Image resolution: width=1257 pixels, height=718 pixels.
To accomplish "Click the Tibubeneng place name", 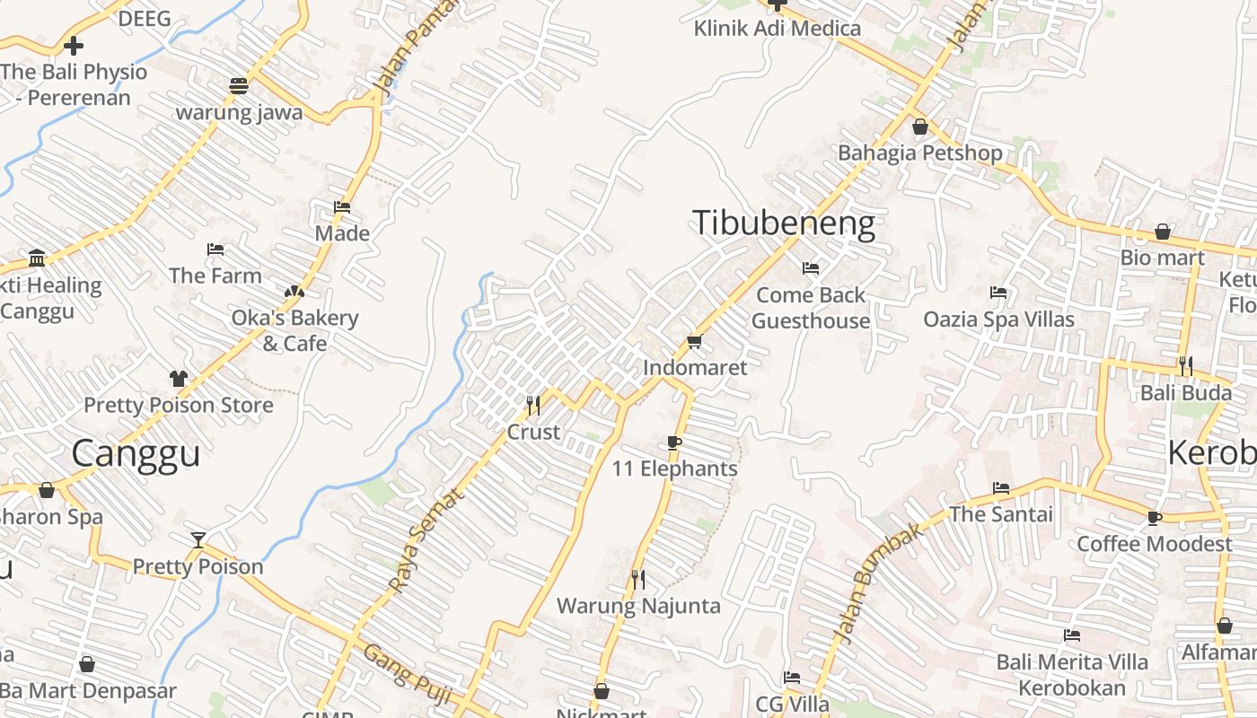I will pyautogui.click(x=783, y=223).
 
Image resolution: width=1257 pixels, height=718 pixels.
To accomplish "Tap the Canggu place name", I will pyautogui.click(x=135, y=453).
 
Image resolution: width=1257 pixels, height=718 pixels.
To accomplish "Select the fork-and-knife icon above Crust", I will pyautogui.click(x=533, y=406).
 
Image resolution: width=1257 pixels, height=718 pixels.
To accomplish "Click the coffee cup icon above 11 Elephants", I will pyautogui.click(x=674, y=442).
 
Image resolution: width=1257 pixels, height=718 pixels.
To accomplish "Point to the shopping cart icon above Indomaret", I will pyautogui.click(x=694, y=342).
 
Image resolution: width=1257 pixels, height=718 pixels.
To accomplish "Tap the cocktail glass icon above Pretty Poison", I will pyautogui.click(x=198, y=539).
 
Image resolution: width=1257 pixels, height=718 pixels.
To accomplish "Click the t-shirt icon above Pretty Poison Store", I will pyautogui.click(x=178, y=379).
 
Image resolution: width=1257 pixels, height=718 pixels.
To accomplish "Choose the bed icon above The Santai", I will pyautogui.click(x=1001, y=488).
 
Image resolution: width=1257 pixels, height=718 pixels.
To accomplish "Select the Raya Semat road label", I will pyautogui.click(x=427, y=539).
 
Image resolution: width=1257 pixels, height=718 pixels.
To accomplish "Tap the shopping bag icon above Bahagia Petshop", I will pyautogui.click(x=919, y=127).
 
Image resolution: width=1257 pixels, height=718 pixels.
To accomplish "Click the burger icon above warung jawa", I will pyautogui.click(x=238, y=86).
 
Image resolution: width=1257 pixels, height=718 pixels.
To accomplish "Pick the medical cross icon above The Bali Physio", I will pyautogui.click(x=74, y=45).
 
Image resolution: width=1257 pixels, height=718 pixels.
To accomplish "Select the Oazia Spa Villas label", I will pyautogui.click(x=998, y=319).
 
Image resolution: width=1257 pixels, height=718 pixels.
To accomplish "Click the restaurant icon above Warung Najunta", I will pyautogui.click(x=637, y=580).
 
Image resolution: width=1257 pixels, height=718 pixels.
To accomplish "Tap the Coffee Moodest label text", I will pyautogui.click(x=1154, y=544).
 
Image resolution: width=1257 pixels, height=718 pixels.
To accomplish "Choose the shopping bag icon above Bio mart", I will pyautogui.click(x=1162, y=232).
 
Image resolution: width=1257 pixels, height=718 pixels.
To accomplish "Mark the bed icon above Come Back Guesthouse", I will pyautogui.click(x=810, y=268).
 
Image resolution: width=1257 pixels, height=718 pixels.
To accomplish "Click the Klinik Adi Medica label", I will pyautogui.click(x=777, y=28).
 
